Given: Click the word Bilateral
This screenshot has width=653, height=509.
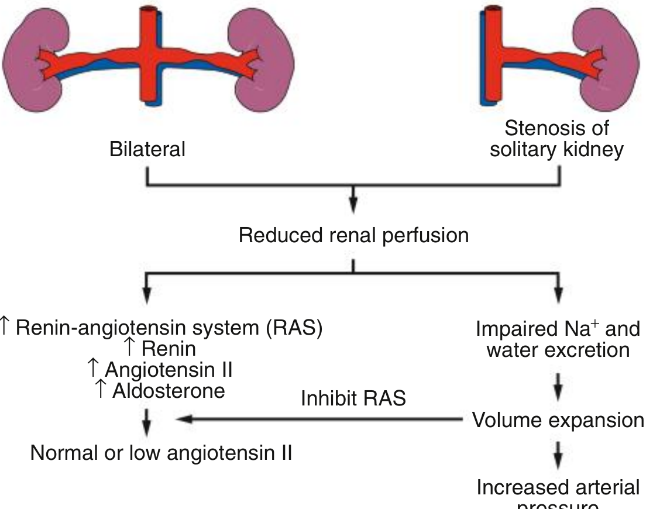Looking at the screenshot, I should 147,149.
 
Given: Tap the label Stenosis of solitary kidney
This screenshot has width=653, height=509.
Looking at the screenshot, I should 556,139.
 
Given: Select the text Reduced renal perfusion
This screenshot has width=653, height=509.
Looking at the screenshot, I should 353,236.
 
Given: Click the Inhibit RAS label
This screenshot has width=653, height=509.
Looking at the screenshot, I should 353,398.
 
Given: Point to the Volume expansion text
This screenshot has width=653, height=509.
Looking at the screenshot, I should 558,420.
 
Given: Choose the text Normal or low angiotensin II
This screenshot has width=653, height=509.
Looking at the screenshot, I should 161,452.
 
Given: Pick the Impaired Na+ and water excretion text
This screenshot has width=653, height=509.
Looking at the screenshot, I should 558,339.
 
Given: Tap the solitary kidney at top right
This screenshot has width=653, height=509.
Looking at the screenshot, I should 609,59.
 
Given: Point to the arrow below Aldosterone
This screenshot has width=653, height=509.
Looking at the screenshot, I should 146,421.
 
